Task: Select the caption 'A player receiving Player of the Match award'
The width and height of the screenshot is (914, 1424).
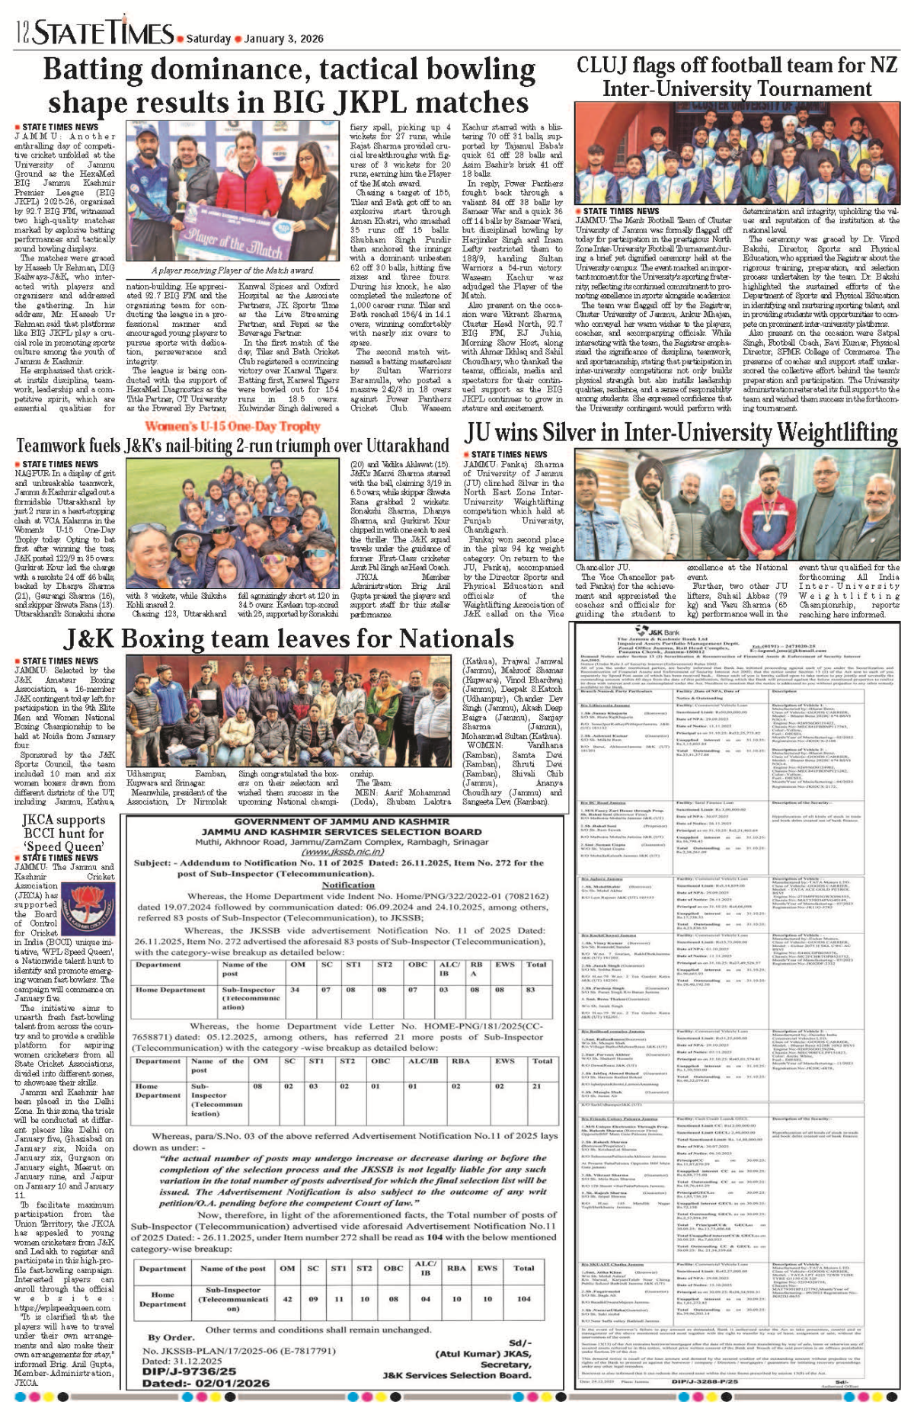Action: click(x=232, y=270)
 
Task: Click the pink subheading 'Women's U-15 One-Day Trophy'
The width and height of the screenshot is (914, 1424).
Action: click(x=232, y=427)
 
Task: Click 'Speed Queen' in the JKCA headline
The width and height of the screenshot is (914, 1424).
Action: click(x=63, y=846)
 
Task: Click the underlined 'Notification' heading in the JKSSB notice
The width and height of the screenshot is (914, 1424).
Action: click(x=348, y=885)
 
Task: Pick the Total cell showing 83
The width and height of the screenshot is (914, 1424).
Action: click(x=530, y=990)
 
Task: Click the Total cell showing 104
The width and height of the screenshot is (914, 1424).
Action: click(x=523, y=1299)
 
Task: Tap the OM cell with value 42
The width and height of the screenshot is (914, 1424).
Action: click(x=287, y=1299)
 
